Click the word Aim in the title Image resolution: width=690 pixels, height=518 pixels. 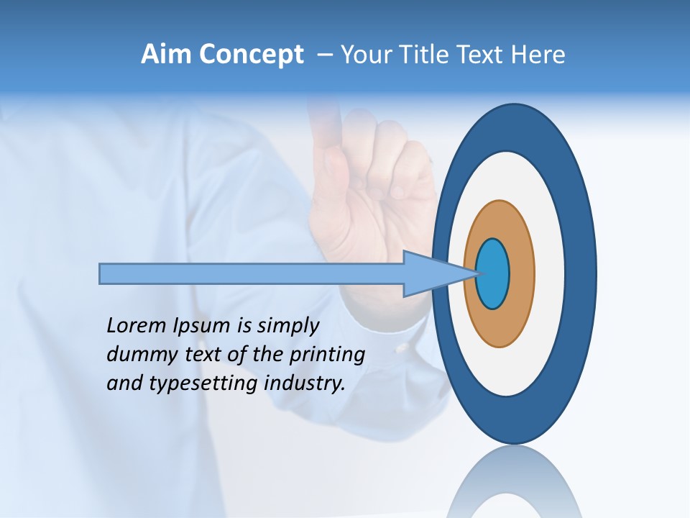click(167, 55)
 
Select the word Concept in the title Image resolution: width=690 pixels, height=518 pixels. click(251, 55)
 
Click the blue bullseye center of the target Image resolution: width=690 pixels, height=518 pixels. click(493, 273)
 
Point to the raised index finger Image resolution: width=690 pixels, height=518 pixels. click(326, 129)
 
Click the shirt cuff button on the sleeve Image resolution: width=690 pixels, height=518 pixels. click(400, 348)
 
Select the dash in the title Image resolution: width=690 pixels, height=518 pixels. click(324, 55)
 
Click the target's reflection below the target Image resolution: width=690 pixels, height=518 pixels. click(515, 482)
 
